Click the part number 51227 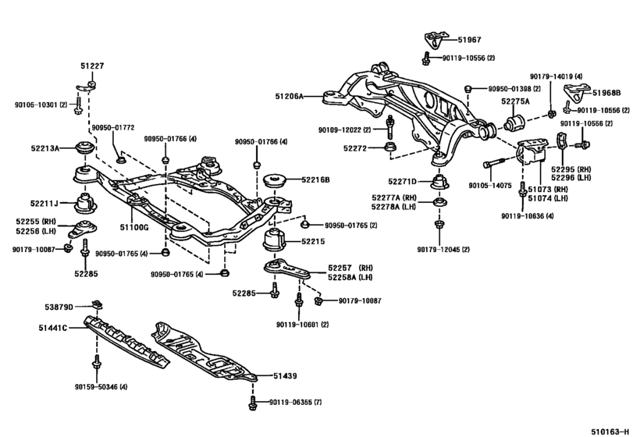point(90,67)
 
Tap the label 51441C point(54,328)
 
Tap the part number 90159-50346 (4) point(101,385)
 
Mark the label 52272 point(355,147)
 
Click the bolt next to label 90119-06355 point(252,403)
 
